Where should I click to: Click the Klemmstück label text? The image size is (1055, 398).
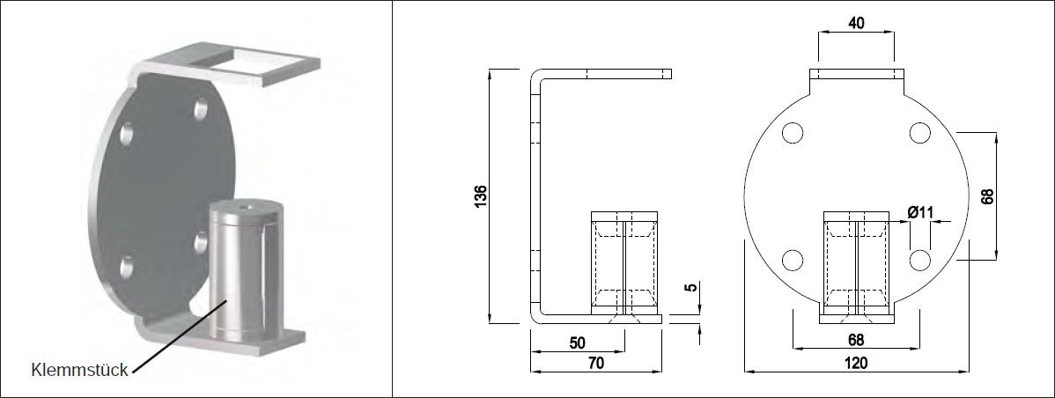80,369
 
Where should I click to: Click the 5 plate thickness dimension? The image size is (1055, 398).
692,287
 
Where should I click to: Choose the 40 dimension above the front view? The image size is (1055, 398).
855,24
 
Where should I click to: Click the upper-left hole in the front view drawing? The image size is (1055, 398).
792,133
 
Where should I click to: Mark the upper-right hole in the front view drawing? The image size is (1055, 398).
920,133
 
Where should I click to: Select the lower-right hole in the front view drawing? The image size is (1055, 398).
920,260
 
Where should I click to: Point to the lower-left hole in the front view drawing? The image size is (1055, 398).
792,260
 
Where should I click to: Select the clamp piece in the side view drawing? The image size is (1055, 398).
624,263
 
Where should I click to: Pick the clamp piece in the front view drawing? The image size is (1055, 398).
855,263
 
